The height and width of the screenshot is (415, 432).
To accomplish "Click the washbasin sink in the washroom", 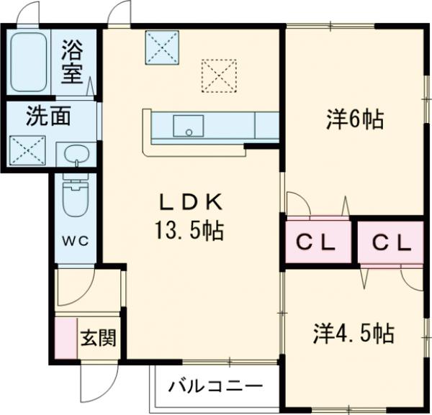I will coord(74,155).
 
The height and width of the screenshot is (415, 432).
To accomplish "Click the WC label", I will coord(77,240).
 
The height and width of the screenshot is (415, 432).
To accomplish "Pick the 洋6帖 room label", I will coord(353,119).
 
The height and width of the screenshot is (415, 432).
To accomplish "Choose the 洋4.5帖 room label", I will coord(353,334).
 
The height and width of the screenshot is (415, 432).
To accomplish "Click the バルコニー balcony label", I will coord(215,387).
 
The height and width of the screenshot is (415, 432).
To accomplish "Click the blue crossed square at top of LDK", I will coord(162,47).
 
